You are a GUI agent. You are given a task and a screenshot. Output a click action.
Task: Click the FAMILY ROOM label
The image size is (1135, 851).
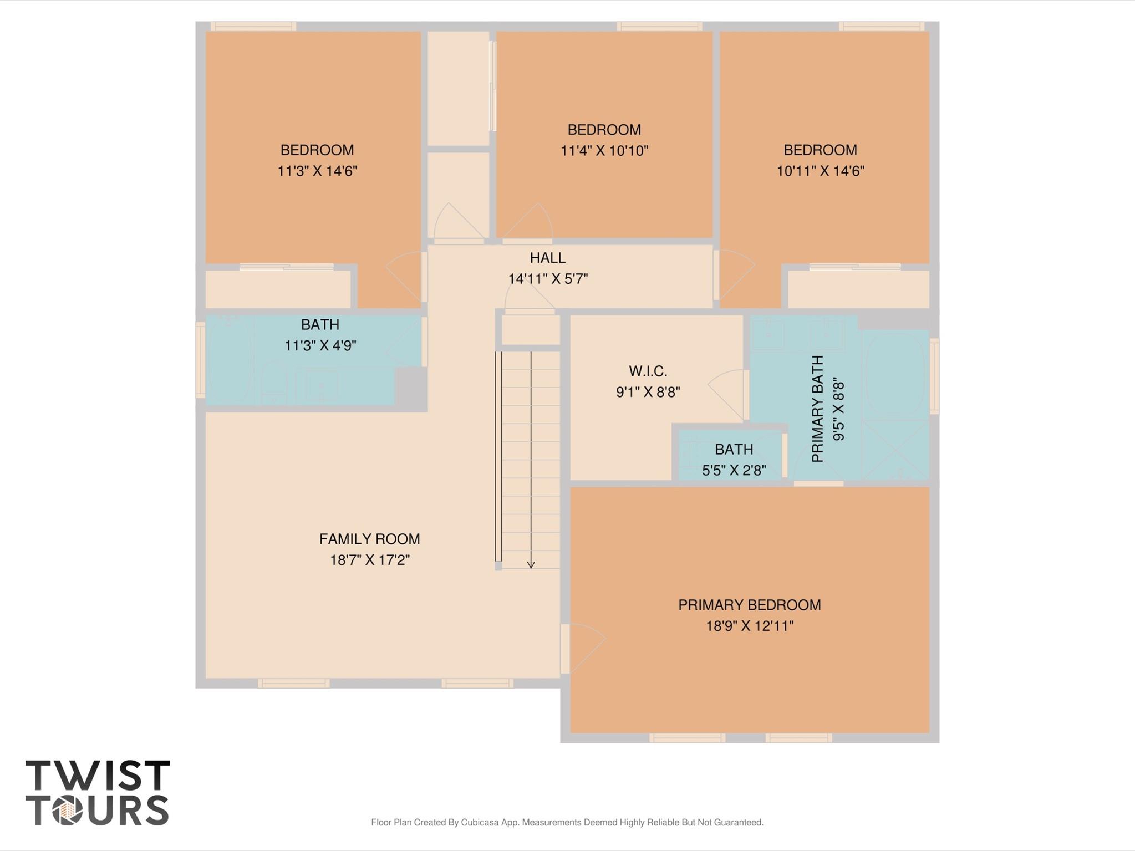point(369,539)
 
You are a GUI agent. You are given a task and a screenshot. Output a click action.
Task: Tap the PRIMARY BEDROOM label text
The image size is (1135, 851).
point(750,605)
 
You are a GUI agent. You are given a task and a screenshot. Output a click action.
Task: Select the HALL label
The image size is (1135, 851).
point(548,258)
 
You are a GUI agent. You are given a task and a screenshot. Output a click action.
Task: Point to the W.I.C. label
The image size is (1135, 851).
point(648,371)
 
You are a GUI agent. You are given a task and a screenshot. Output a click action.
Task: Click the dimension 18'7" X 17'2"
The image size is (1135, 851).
point(370,560)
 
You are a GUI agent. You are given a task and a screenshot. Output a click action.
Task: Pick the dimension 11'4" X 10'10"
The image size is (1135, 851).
point(604,151)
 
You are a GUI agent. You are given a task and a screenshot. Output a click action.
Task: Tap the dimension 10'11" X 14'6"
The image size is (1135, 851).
point(821,171)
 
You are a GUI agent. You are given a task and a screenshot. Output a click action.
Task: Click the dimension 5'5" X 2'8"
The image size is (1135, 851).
point(734,470)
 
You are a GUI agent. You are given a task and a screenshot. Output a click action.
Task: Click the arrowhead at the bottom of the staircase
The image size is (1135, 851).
point(531,565)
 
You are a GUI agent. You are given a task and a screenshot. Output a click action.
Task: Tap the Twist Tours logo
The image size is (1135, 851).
point(98,793)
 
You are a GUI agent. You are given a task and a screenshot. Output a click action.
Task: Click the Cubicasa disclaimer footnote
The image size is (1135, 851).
point(567,822)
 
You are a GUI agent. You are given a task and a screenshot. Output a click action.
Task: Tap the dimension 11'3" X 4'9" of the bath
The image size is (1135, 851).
point(320,345)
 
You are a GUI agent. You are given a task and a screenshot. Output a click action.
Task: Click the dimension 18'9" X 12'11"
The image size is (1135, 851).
point(750,626)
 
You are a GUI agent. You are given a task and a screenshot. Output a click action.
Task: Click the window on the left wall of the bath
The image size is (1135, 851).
point(200,360)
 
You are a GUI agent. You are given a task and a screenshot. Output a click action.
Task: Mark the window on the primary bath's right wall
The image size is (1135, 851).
point(934,376)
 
